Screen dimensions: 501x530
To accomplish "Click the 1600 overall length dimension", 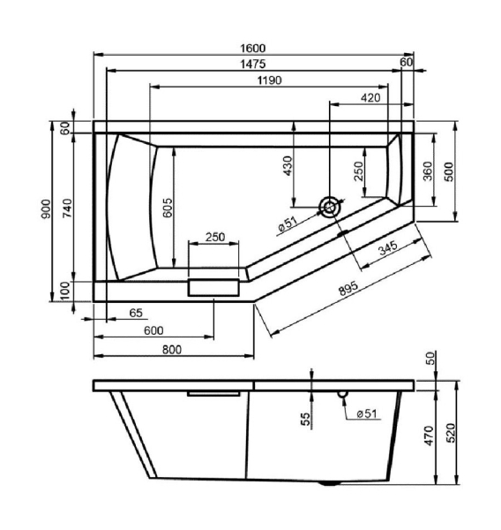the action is pos(253,49).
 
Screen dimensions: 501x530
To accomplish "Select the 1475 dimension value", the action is pos(253,64).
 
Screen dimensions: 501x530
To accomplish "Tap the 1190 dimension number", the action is pos(269,80).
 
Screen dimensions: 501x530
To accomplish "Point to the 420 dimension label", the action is pos(370,98).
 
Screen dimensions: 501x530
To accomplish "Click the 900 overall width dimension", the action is pos(46,208).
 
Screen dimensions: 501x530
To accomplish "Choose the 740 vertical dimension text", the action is pos(68,208).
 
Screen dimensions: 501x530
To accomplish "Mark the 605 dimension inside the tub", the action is pos(168,208).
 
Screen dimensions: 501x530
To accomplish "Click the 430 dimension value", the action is pos(288,166).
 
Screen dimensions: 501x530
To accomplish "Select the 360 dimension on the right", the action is pos(428,171).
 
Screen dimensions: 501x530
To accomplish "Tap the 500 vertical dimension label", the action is pos(449,172).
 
